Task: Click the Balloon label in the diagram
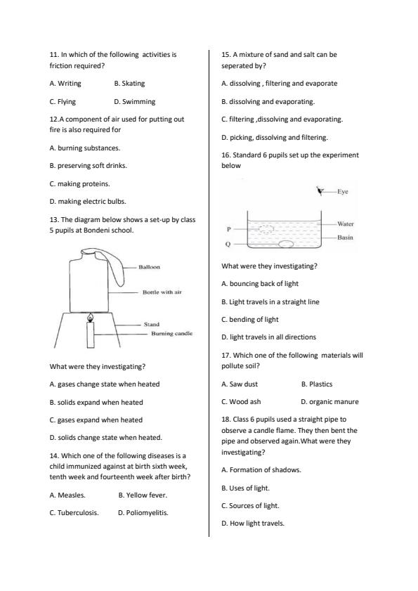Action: [149, 267]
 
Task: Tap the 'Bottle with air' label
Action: [162, 292]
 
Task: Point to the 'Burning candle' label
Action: [171, 333]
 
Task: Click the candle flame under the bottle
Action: [89, 319]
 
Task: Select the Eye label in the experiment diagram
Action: [342, 191]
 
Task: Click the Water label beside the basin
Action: [345, 223]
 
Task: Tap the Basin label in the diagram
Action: [345, 238]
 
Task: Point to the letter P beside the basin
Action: [228, 229]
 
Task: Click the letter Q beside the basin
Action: [228, 245]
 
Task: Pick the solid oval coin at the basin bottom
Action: [286, 245]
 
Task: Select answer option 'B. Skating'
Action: [129, 84]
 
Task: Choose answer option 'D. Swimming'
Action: [134, 101]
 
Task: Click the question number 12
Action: [54, 119]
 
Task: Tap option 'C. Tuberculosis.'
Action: [74, 513]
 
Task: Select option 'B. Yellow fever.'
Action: [143, 495]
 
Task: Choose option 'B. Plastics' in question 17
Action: [316, 384]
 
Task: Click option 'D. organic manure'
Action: [329, 402]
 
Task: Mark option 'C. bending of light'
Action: [249, 319]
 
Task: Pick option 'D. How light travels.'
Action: [253, 523]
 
